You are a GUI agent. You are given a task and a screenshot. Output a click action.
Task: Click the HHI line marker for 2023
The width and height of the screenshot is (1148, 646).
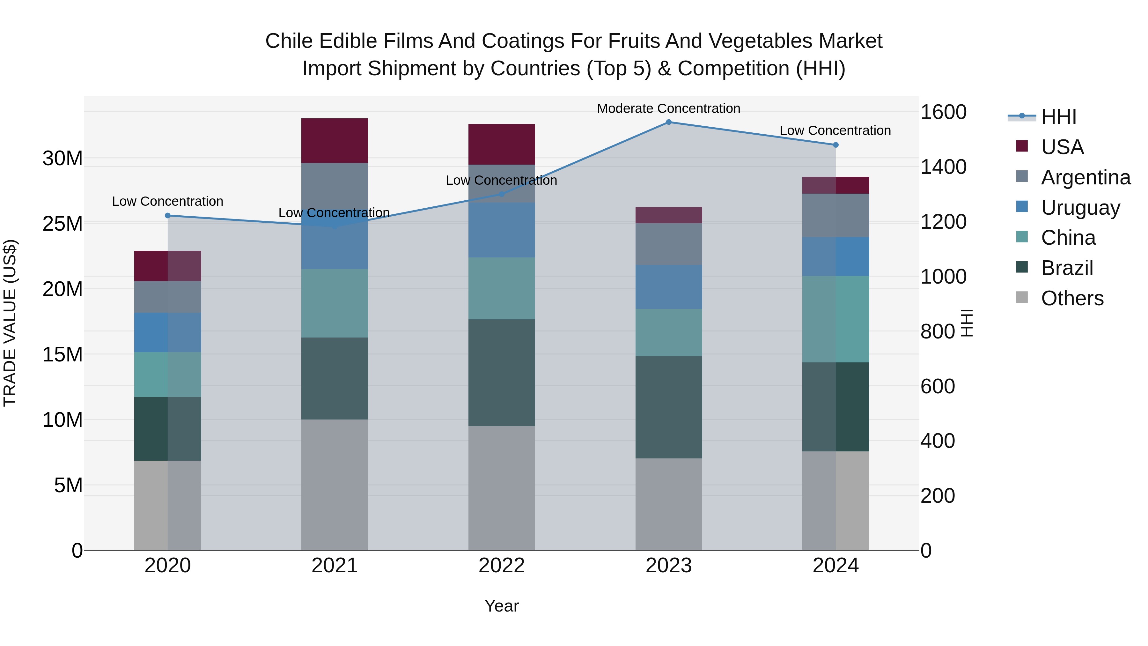pyautogui.click(x=668, y=122)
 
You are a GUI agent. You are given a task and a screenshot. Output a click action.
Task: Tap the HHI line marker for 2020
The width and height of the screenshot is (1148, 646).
pyautogui.click(x=167, y=216)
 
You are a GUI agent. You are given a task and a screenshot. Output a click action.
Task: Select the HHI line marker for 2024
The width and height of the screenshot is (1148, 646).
pyautogui.click(x=835, y=145)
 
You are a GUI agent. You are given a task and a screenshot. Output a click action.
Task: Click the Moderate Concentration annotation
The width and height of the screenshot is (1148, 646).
pyautogui.click(x=668, y=108)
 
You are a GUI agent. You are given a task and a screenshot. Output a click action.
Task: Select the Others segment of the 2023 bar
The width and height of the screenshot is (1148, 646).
pyautogui.click(x=668, y=504)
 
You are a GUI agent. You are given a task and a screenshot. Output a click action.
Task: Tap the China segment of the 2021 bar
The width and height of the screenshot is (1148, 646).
pyautogui.click(x=335, y=303)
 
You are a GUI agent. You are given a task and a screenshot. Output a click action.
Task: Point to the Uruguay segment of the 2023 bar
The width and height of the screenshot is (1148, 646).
pyautogui.click(x=668, y=287)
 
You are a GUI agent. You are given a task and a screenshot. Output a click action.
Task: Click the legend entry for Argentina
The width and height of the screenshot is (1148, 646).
pyautogui.click(x=1085, y=177)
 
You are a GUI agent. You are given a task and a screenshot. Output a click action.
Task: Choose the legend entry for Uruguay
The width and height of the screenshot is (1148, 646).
pyautogui.click(x=1080, y=208)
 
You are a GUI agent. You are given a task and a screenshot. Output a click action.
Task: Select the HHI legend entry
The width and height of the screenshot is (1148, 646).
pyautogui.click(x=1058, y=117)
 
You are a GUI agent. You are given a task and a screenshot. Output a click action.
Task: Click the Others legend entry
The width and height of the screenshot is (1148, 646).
pyautogui.click(x=1072, y=298)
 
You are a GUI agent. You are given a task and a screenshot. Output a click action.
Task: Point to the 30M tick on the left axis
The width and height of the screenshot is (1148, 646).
pyautogui.click(x=63, y=158)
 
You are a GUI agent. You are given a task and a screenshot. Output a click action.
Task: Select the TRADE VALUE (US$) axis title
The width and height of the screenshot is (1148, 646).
pyautogui.click(x=10, y=323)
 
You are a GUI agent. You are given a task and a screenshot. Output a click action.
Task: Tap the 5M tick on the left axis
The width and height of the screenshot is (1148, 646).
pyautogui.click(x=68, y=485)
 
